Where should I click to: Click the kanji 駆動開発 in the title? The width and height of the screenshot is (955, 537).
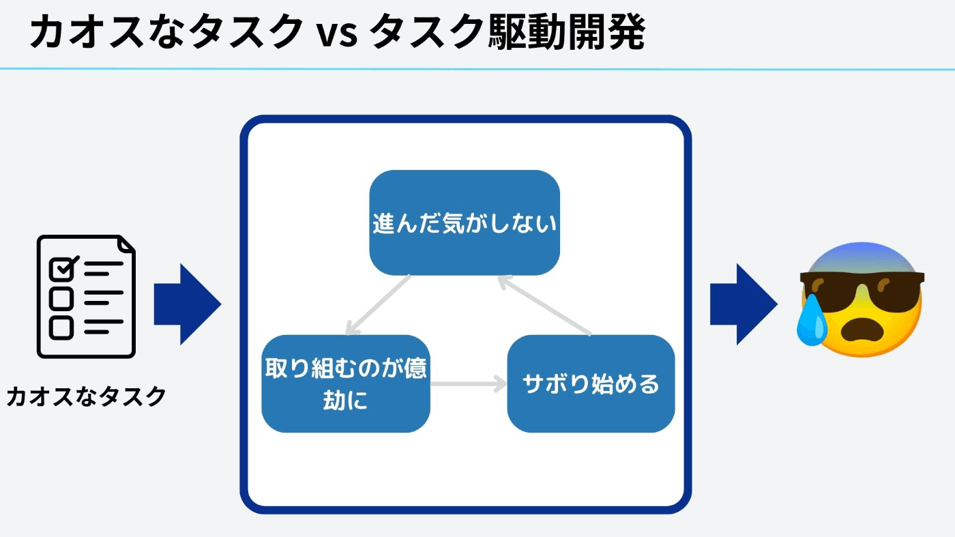pyautogui.click(x=567, y=31)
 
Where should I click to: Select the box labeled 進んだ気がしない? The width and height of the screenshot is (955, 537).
pyautogui.click(x=465, y=222)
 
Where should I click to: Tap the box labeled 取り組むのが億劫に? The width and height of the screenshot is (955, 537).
pyautogui.click(x=346, y=383)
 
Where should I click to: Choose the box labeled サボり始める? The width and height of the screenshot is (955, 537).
pyautogui.click(x=591, y=383)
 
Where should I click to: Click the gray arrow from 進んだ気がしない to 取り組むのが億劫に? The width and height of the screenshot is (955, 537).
pyautogui.click(x=378, y=305)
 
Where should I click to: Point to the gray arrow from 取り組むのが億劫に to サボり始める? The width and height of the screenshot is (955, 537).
pyautogui.click(x=469, y=383)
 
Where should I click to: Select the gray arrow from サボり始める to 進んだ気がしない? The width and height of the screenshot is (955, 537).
pyautogui.click(x=544, y=305)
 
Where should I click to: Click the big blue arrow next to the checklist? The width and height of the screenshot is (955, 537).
pyautogui.click(x=188, y=304)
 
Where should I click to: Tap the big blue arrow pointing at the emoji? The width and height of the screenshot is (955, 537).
pyautogui.click(x=744, y=304)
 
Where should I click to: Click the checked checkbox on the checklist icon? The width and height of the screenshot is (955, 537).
pyautogui.click(x=63, y=268)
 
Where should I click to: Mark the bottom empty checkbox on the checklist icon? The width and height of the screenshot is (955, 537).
pyautogui.click(x=61, y=328)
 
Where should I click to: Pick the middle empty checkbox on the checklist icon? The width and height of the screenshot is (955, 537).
pyautogui.click(x=61, y=299)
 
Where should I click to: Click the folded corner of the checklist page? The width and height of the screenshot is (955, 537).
pyautogui.click(x=126, y=244)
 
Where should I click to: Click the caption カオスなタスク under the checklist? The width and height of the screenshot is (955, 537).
pyautogui.click(x=86, y=396)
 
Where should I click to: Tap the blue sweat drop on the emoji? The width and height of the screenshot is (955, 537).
pyautogui.click(x=812, y=319)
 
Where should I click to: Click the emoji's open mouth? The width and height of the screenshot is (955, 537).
pyautogui.click(x=862, y=330)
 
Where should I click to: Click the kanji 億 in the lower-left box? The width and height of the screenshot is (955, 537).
pyautogui.click(x=415, y=368)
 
